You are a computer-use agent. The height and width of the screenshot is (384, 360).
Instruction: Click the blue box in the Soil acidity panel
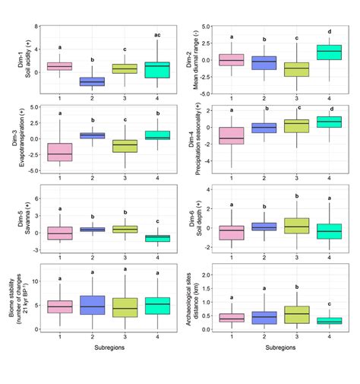[93, 81]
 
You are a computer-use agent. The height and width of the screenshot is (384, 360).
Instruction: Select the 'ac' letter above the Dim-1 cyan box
[156, 36]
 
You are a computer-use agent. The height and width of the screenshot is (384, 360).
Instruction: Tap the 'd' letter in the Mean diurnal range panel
[329, 32]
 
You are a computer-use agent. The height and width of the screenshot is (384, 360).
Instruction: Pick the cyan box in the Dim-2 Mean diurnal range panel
[329, 52]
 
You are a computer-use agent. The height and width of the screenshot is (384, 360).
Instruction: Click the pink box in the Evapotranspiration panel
[59, 151]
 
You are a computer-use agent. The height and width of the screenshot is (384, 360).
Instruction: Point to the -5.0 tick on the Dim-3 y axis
[33, 170]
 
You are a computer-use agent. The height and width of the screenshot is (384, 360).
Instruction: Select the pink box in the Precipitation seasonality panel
[232, 135]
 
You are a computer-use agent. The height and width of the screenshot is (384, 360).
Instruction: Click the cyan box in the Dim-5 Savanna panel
[158, 238]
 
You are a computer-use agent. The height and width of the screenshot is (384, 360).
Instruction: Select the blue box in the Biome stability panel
[93, 305]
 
